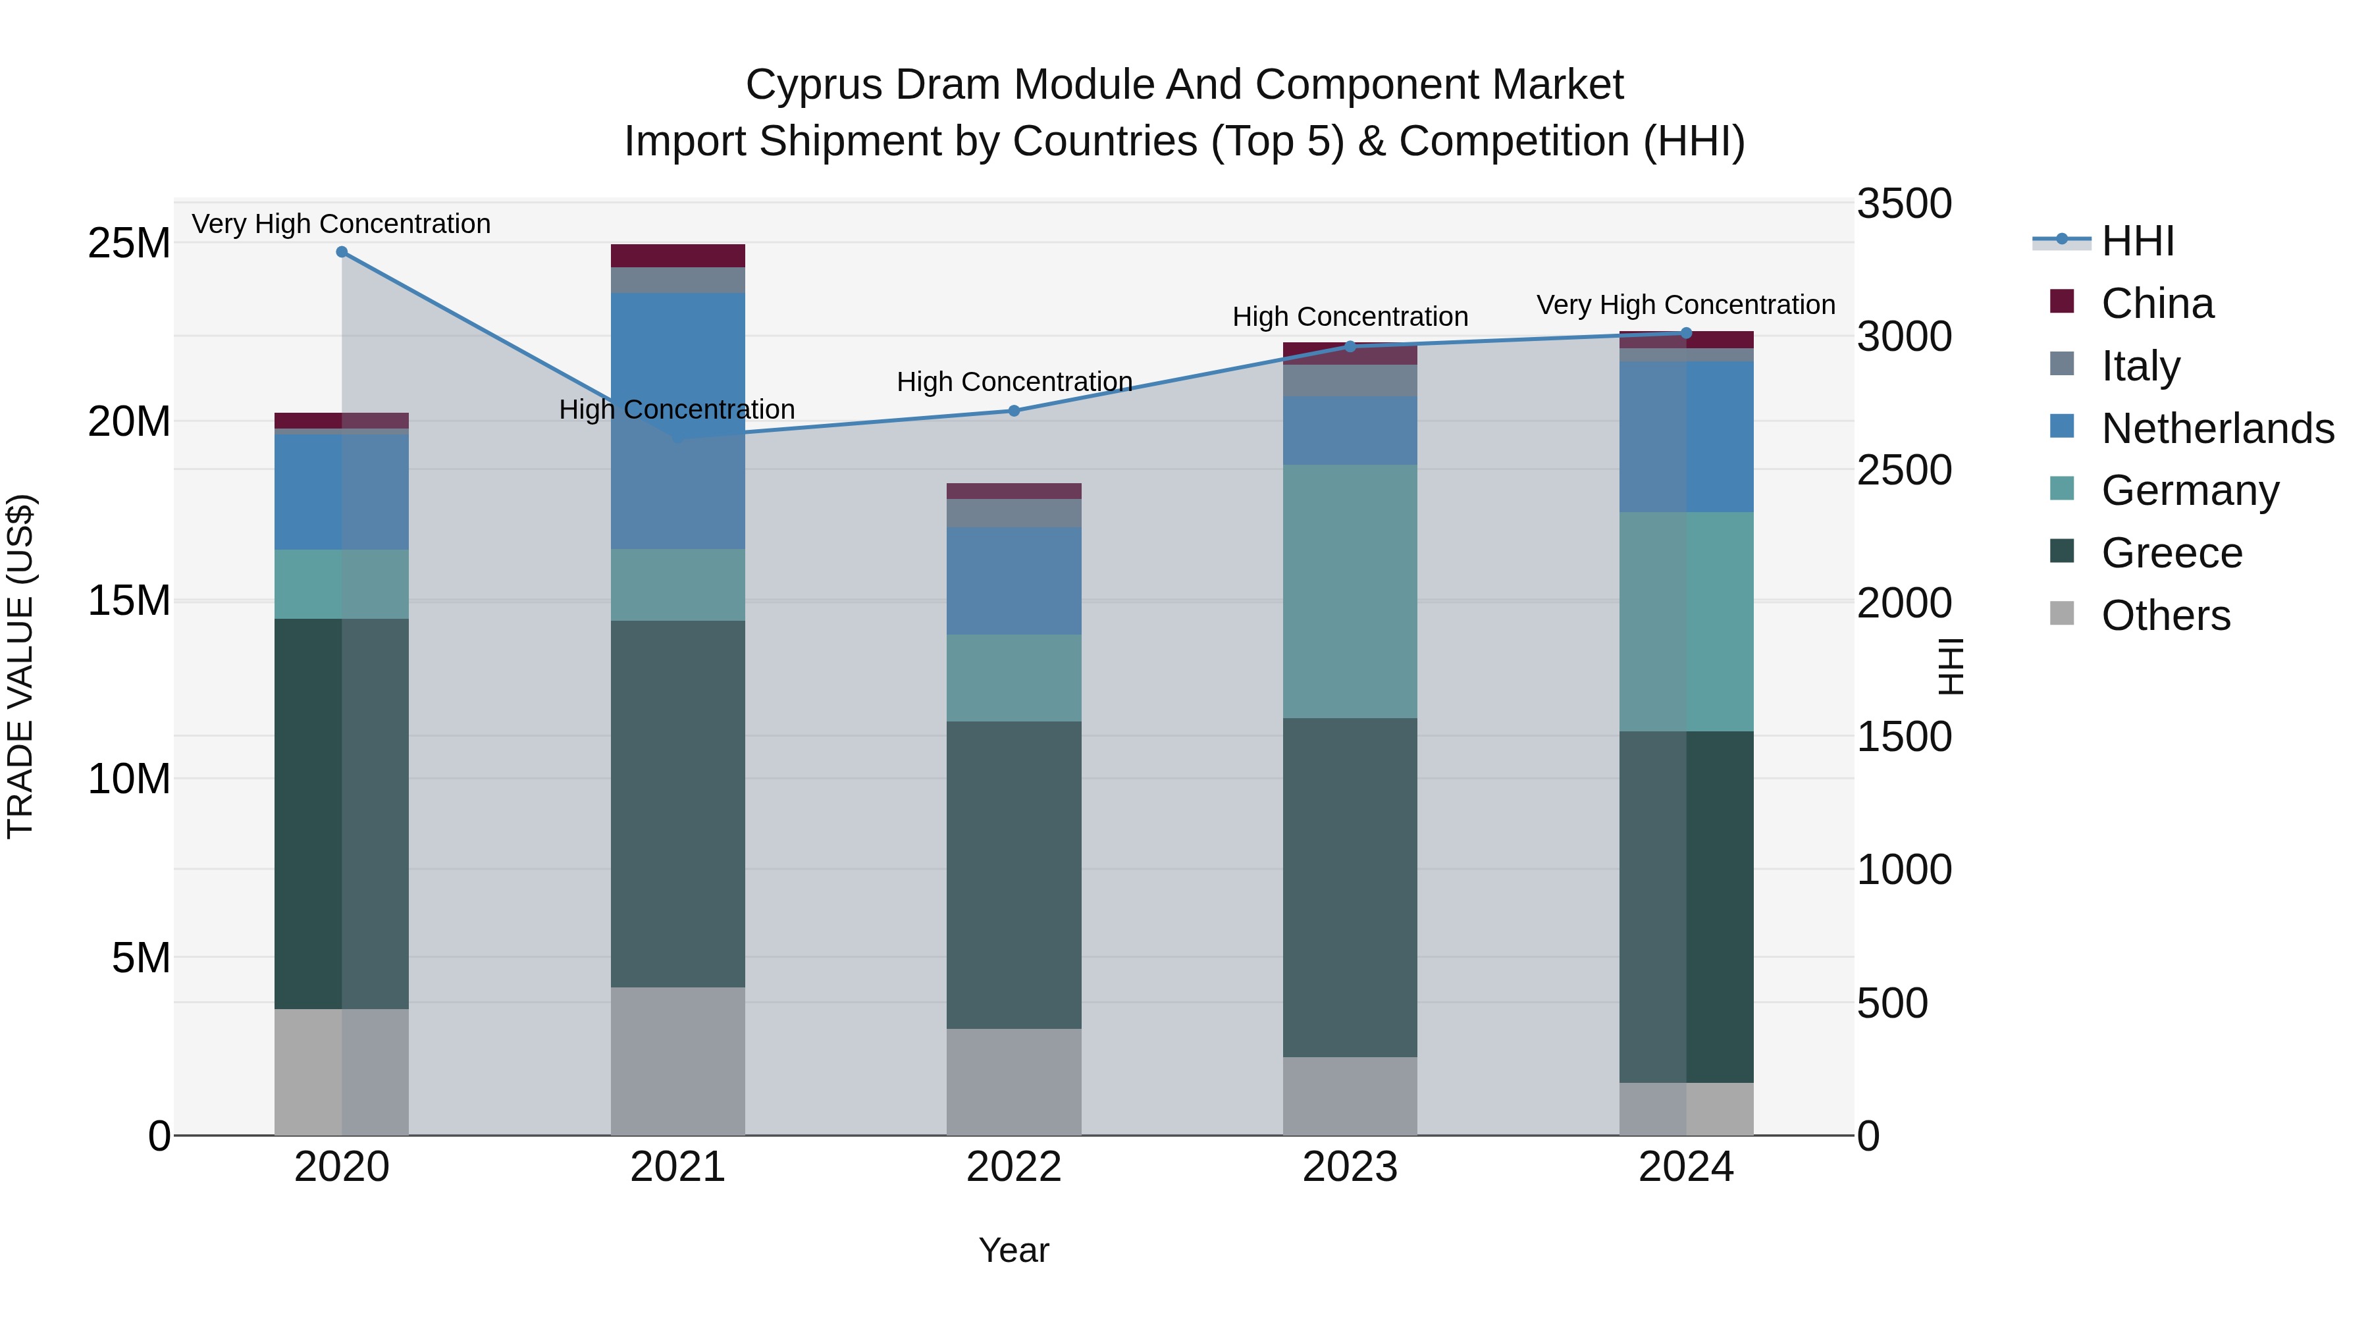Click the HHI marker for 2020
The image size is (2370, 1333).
click(x=341, y=252)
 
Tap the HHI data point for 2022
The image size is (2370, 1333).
click(x=1014, y=411)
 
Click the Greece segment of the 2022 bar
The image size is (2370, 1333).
click(x=1014, y=874)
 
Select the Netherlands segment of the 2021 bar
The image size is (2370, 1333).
click(x=678, y=421)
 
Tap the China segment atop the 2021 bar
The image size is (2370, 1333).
click(x=678, y=256)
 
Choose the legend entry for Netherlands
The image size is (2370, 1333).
click(x=2217, y=429)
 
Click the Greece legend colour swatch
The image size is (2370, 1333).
click(x=2062, y=551)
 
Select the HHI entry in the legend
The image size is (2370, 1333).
click(x=2137, y=241)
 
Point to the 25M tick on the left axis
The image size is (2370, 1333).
click(x=129, y=244)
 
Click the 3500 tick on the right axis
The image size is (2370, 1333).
click(x=1903, y=203)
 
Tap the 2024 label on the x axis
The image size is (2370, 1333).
click(x=1685, y=1167)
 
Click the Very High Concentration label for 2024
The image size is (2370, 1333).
click(x=1685, y=305)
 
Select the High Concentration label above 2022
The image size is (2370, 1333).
click(x=1014, y=382)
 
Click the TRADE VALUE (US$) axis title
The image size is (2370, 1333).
click(x=20, y=667)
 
